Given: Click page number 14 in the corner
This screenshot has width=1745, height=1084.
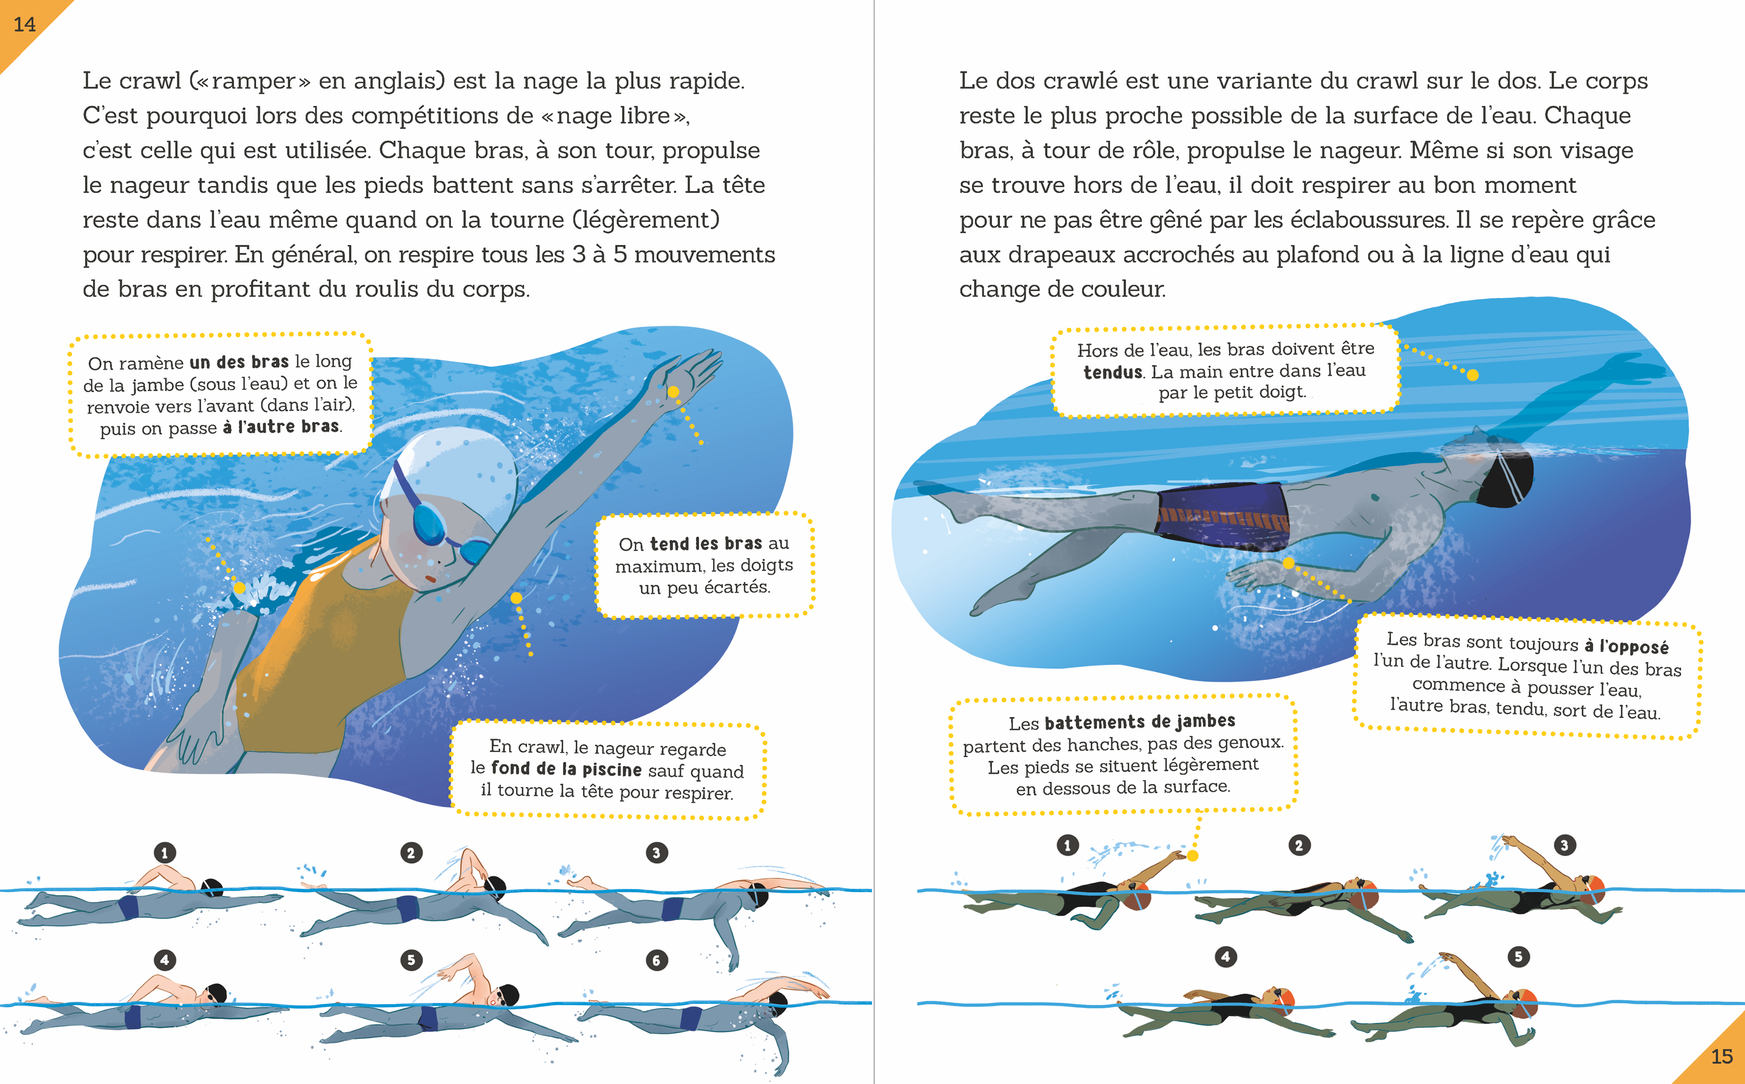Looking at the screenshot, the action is click(25, 25).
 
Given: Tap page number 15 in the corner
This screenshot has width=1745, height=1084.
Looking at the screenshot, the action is click(1721, 1056).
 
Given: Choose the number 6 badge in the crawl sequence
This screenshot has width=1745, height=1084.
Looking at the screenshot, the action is click(656, 960).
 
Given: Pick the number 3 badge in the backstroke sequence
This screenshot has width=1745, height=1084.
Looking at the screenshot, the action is click(1564, 845).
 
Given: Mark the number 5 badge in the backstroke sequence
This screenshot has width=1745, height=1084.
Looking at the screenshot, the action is click(1518, 956).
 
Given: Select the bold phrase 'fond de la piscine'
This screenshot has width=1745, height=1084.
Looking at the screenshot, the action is click(566, 769).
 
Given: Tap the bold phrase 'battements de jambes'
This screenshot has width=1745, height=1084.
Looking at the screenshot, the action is click(1139, 721).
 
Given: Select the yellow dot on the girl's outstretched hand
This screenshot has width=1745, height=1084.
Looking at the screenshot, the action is click(673, 392).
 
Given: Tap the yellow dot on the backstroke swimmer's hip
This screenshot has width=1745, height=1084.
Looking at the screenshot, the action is click(1288, 563).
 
